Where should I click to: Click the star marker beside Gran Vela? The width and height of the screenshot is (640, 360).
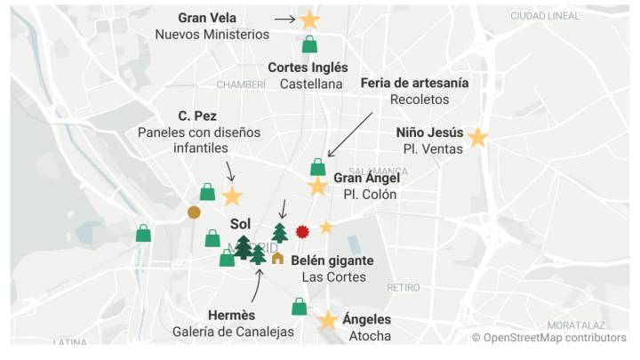click(x=309, y=20)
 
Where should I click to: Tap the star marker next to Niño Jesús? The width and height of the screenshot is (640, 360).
click(x=478, y=138)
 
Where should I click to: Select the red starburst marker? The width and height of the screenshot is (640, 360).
click(x=302, y=231)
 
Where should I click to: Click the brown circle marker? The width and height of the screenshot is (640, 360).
click(x=194, y=212)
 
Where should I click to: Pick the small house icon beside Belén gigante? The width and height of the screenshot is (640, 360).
click(x=277, y=259)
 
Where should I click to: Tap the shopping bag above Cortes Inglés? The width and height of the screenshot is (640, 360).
click(x=309, y=44)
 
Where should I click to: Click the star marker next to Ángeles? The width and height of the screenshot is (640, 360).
click(x=328, y=320)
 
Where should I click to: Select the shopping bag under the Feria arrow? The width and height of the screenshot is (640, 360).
click(x=317, y=167)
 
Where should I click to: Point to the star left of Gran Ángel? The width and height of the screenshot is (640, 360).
click(x=317, y=187)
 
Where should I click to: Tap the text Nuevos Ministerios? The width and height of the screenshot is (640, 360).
click(x=212, y=35)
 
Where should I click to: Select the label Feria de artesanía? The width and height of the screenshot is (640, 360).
click(x=414, y=83)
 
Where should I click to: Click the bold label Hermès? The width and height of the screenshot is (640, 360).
click(x=231, y=315)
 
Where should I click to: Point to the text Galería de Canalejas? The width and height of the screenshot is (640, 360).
click(x=233, y=332)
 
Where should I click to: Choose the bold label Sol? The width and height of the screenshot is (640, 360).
click(x=240, y=223)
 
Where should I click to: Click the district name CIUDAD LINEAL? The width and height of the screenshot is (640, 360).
click(x=545, y=16)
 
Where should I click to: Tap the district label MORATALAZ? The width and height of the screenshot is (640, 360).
click(x=576, y=325)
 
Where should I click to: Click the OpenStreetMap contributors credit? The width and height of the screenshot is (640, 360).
click(x=548, y=338)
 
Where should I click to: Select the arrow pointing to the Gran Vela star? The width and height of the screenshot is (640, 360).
click(x=284, y=19)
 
